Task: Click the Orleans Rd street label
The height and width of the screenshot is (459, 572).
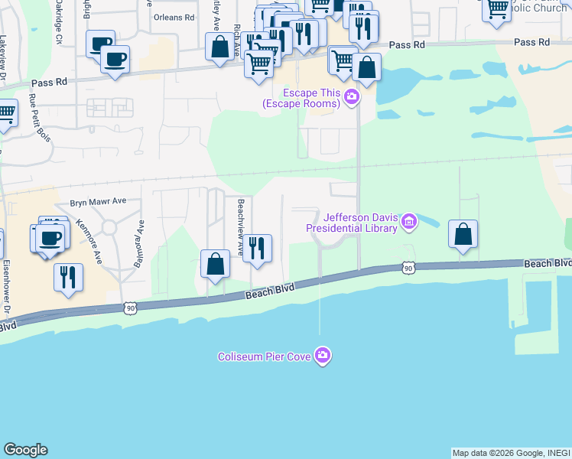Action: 174,17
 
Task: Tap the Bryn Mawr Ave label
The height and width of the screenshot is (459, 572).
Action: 98,202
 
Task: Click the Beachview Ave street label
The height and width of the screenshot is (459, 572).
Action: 241,226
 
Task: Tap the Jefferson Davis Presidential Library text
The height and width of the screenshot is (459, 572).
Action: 352,223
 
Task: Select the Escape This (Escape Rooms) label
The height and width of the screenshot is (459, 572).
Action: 301,98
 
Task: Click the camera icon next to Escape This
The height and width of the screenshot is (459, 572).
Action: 352,96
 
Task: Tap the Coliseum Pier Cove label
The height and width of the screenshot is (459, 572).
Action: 265,356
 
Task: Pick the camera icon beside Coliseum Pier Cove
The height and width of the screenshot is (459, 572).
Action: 323,356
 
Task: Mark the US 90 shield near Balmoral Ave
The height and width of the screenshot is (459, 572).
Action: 131,306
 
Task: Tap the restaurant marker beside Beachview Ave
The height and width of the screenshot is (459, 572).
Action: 257,248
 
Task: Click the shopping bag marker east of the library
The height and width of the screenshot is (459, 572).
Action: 463,234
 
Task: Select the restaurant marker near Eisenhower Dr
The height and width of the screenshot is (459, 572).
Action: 68,277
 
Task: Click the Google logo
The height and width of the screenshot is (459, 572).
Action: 25,450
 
